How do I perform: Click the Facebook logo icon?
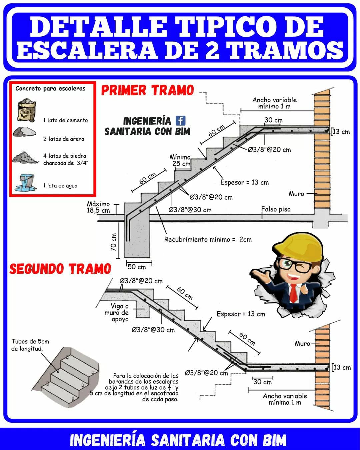pos(180,121)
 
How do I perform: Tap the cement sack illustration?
pos(27,110)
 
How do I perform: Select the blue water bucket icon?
pos(25,183)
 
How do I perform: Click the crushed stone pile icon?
pos(25,157)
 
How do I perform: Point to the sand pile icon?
pos(24,132)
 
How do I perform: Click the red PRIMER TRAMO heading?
pos(148,90)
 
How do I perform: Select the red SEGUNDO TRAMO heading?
pos(60,269)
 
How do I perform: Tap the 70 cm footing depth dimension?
pos(113,242)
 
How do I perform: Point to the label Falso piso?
pos(276,209)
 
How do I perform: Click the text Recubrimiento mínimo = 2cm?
pos(208,239)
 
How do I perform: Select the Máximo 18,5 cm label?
pos(98,207)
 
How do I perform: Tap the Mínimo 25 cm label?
pos(180,160)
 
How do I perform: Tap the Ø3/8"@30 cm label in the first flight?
pos(190,210)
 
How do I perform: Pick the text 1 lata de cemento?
pos(65,120)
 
